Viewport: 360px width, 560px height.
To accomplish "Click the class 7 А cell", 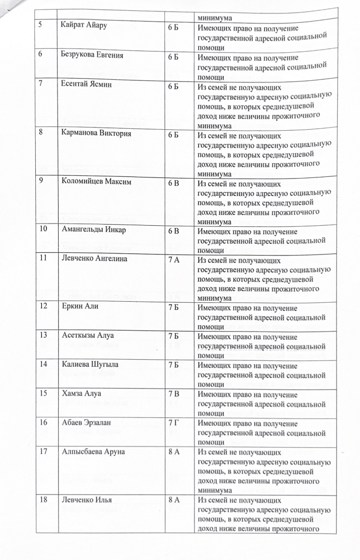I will [x=174, y=259].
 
